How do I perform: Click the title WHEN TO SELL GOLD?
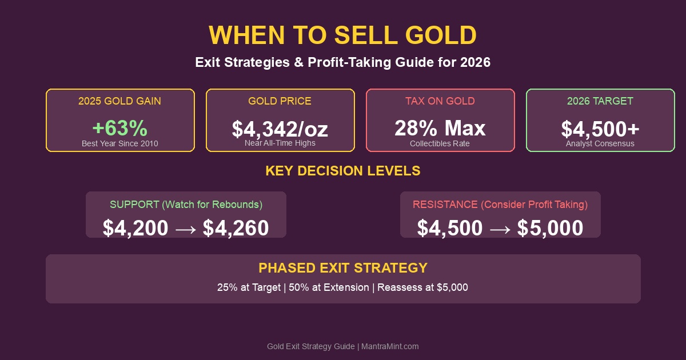(343, 35)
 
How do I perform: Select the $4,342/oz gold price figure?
(280, 129)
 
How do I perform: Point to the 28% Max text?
(440, 128)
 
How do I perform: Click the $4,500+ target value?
(600, 129)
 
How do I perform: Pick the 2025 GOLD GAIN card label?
(120, 101)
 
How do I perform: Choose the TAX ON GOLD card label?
(440, 101)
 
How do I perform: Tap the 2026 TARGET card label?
(600, 101)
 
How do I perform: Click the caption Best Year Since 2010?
(120, 143)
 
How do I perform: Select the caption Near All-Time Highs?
(280, 143)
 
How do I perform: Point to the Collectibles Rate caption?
(440, 143)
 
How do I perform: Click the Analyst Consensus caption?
(600, 143)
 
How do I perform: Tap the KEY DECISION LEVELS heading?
(343, 171)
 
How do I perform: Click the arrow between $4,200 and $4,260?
(186, 229)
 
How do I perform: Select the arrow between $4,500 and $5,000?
(500, 229)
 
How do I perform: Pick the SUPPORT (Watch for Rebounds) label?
(186, 205)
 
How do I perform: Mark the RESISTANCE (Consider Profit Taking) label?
(500, 205)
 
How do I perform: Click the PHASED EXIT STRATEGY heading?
(343, 268)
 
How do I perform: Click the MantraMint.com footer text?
(390, 346)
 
